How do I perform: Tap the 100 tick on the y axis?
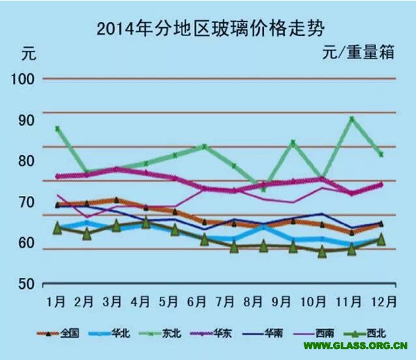(24, 79)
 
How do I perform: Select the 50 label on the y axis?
(24, 284)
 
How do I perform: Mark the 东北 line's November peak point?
(351, 118)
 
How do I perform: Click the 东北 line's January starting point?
(57, 129)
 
